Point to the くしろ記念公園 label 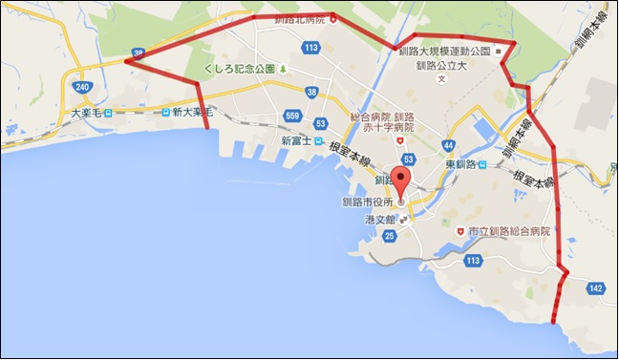[239, 70]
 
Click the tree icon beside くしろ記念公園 [283, 70]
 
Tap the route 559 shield [292, 116]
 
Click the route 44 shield [448, 145]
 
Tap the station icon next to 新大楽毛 [165, 113]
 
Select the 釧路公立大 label [440, 66]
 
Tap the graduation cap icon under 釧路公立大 [440, 79]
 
